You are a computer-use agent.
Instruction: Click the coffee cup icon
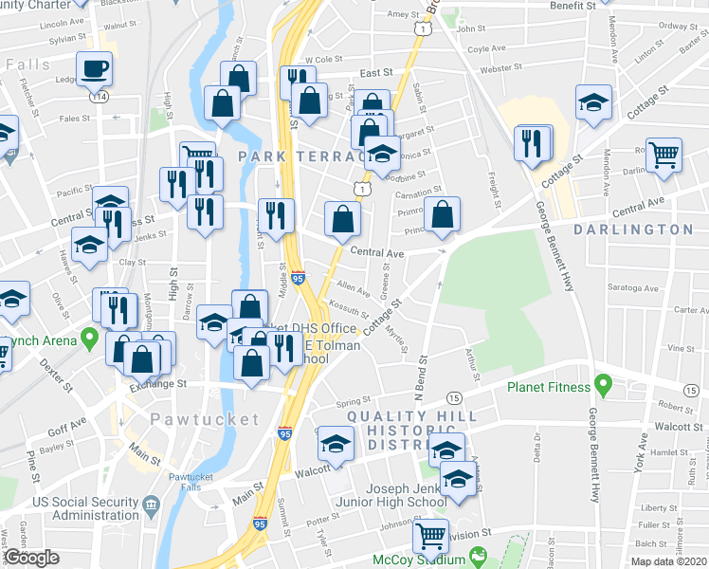[95, 68]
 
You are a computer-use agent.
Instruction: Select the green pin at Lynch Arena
[90, 338]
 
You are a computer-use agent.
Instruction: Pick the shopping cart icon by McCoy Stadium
[430, 536]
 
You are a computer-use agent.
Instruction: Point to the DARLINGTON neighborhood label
[634, 229]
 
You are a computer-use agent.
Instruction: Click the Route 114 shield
[97, 96]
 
